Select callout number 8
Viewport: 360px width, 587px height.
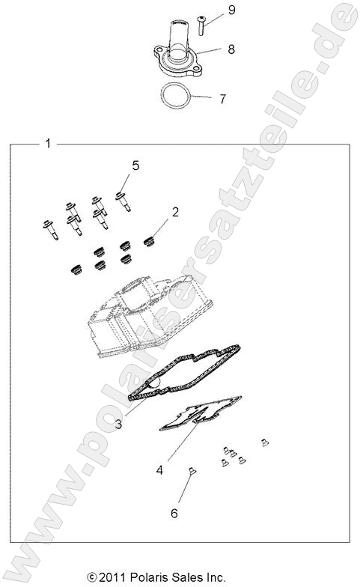(231, 49)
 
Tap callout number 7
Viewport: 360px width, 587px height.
(222, 98)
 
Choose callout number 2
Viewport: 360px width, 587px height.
(175, 212)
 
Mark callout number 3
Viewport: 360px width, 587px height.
(119, 424)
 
